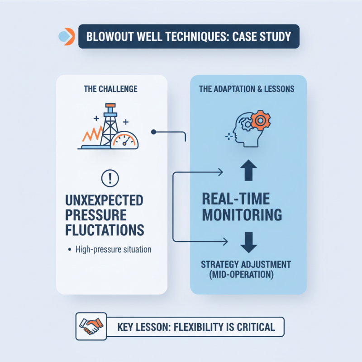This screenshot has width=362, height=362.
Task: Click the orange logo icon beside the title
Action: tap(66, 37)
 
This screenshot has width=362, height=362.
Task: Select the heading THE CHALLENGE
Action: tap(111, 89)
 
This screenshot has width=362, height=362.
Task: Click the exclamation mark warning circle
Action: tap(111, 178)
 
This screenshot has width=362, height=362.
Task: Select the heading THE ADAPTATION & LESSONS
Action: tap(247, 89)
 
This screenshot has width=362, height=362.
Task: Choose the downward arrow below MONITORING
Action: tap(248, 241)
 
